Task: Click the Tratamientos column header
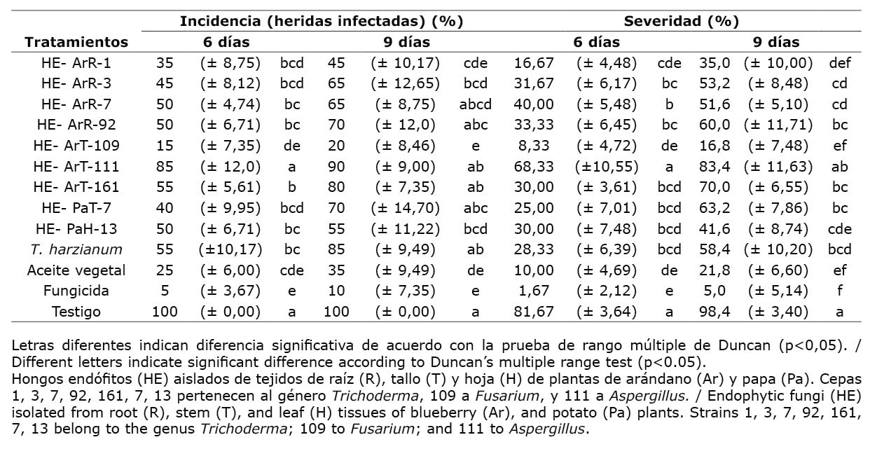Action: pyautogui.click(x=76, y=42)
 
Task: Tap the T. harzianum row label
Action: pyautogui.click(x=76, y=249)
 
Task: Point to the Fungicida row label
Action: pyautogui.click(x=76, y=291)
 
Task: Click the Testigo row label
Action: pyautogui.click(x=76, y=312)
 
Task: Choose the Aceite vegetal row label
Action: pyautogui.click(x=76, y=270)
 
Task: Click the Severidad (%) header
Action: pyautogui.click(x=681, y=21)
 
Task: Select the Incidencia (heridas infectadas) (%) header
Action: pyautogui.click(x=322, y=21)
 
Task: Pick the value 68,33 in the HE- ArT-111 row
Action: pyautogui.click(x=534, y=167)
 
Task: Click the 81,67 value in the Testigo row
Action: pyautogui.click(x=534, y=312)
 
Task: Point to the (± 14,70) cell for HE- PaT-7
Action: pyautogui.click(x=405, y=208)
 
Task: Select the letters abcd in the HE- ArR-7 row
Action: pyautogui.click(x=476, y=104)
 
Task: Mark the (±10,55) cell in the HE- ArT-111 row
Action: pyautogui.click(x=607, y=167)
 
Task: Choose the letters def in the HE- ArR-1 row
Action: pyautogui.click(x=839, y=63)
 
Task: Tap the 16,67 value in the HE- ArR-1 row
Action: pyautogui.click(x=534, y=63)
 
